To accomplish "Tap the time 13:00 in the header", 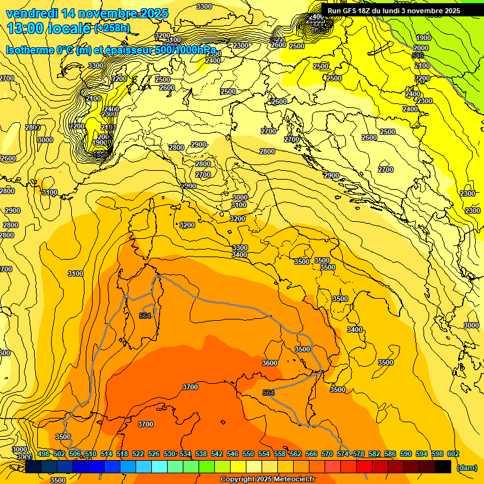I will point(26,28).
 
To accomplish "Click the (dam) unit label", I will point(466,467).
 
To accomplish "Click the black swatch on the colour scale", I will point(443,465).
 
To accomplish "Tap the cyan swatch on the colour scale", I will point(159,465).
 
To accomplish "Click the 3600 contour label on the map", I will point(270,363).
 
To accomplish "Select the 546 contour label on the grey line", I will point(418,56).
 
